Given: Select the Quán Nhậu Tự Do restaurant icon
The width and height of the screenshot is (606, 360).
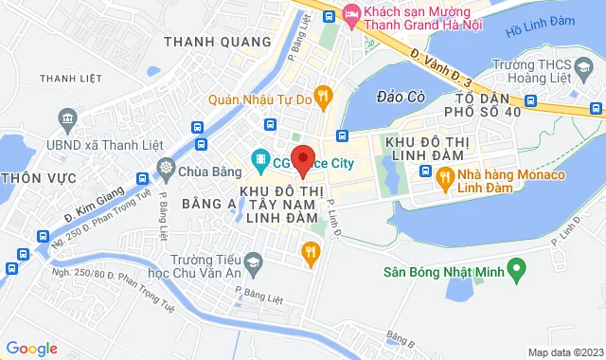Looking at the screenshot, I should pyautogui.click(x=323, y=94).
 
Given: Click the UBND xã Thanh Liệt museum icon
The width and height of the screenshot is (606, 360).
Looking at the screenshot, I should pyautogui.click(x=67, y=117).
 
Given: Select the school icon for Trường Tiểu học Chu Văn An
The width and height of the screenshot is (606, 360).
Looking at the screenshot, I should pyautogui.click(x=252, y=261).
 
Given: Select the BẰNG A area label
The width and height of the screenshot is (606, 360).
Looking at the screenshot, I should pyautogui.click(x=207, y=203).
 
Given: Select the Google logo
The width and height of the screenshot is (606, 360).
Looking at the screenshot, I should pyautogui.click(x=31, y=349).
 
